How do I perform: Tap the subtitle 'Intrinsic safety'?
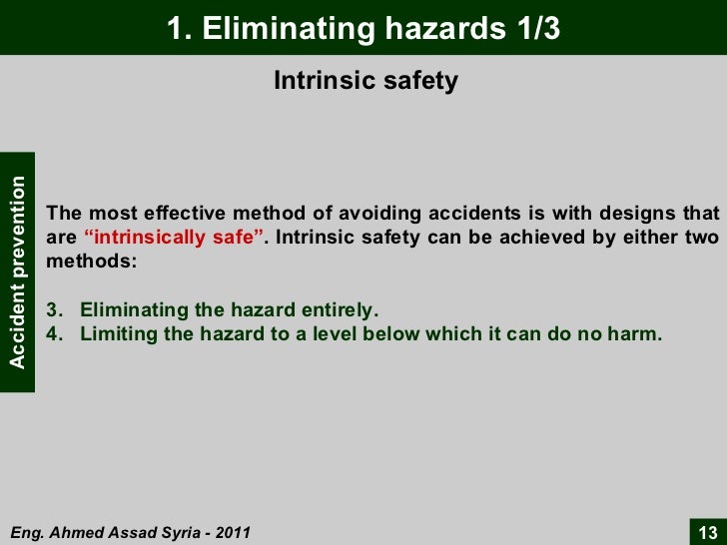click(365, 81)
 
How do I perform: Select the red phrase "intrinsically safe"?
click(175, 239)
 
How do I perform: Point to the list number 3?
click(53, 310)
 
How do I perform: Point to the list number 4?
click(53, 334)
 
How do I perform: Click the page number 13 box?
click(707, 531)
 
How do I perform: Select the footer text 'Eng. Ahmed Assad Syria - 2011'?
click(130, 532)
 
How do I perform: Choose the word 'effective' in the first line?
click(187, 215)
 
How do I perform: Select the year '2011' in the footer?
click(231, 532)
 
